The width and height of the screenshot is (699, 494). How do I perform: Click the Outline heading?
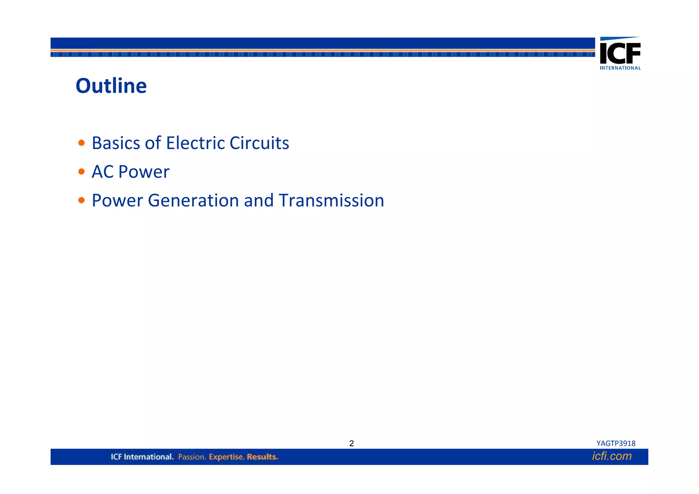[x=111, y=86]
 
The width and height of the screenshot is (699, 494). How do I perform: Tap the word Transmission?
[x=331, y=200]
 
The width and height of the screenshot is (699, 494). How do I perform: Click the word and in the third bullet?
[x=259, y=200]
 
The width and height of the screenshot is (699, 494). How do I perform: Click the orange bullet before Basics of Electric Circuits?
[x=81, y=143]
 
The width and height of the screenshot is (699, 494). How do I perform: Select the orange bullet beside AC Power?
[x=81, y=171]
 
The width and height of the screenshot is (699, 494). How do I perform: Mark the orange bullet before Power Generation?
[x=81, y=200]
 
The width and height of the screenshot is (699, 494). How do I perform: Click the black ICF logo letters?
[x=620, y=53]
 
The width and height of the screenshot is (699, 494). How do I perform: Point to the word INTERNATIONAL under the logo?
[x=620, y=68]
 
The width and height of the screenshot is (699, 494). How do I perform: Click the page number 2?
[x=352, y=443]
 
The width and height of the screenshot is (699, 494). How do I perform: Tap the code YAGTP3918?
[x=616, y=443]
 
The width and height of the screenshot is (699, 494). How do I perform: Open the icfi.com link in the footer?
[x=612, y=456]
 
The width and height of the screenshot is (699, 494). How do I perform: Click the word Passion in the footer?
[x=192, y=457]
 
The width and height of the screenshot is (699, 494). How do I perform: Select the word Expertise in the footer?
[x=226, y=457]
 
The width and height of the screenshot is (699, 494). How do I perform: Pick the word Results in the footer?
[x=262, y=457]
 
